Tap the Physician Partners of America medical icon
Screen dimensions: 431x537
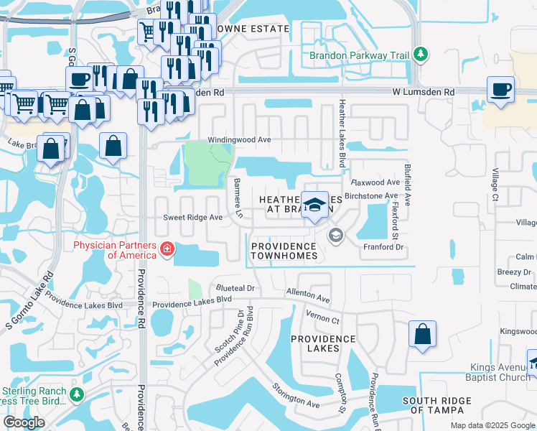[167, 249]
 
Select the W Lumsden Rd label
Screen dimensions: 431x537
[424, 93]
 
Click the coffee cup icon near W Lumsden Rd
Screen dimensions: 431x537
[500, 89]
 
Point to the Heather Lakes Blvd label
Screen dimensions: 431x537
[342, 134]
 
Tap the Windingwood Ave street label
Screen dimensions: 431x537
[239, 140]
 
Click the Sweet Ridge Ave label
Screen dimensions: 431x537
[193, 216]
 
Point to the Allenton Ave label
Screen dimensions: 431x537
[307, 295]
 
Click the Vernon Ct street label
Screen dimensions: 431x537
[322, 317]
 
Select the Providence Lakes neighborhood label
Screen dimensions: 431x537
[323, 343]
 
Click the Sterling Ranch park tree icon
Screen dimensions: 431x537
[76, 394]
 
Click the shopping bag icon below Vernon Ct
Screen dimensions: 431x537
[422, 334]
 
